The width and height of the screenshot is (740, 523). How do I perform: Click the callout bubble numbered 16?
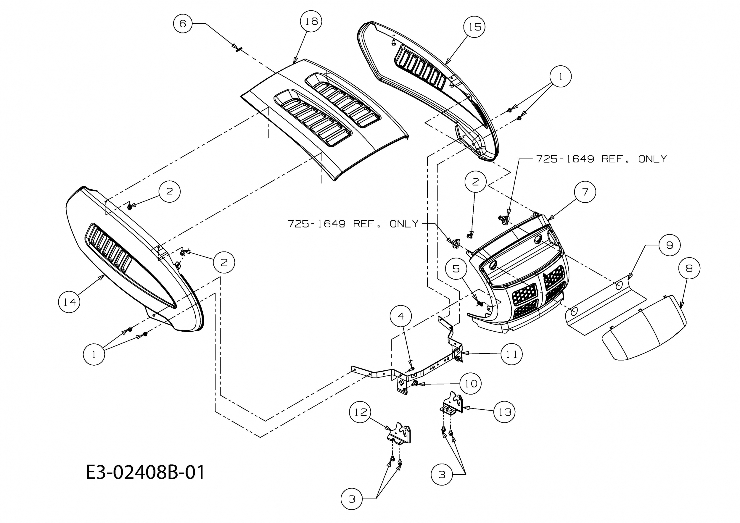[x=311, y=21]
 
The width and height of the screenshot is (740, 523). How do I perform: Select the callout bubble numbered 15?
[x=474, y=27]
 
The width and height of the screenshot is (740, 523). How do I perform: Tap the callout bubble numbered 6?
[x=183, y=23]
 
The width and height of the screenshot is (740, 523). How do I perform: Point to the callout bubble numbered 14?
[x=69, y=302]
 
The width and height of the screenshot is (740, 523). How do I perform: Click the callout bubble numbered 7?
[x=585, y=192]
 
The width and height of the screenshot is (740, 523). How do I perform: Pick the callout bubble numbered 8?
[x=689, y=268]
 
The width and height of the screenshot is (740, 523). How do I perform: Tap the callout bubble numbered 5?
[x=456, y=269]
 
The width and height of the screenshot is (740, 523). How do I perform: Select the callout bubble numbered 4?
[x=400, y=316]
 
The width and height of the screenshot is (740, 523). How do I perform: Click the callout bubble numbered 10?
[x=471, y=384]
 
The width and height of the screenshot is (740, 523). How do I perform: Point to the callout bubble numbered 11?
[x=511, y=354]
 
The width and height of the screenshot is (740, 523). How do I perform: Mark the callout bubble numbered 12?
[x=360, y=412]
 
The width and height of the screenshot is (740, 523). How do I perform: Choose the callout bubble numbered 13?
[x=504, y=412]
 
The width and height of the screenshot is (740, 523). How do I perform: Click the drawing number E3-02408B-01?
[x=145, y=472]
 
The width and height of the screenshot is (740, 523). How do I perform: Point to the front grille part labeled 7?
[x=522, y=280]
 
